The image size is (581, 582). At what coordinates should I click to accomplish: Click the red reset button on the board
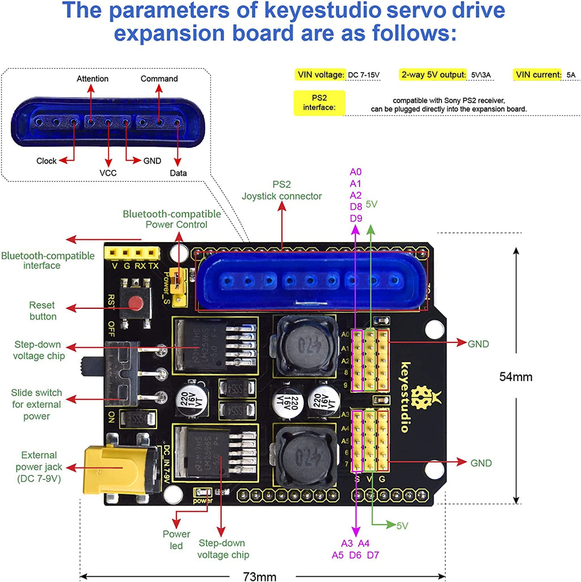136,304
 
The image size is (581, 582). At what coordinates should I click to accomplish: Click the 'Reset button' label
43,312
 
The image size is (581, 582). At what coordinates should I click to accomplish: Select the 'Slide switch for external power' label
36,405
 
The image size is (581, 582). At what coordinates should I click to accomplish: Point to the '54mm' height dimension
516,376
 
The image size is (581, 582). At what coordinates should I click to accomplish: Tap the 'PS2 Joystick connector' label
281,190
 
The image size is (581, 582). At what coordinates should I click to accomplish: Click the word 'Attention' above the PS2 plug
92,79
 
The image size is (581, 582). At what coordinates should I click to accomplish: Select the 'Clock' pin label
47,161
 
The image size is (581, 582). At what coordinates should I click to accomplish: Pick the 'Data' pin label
178,173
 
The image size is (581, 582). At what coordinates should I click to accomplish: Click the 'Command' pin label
159,79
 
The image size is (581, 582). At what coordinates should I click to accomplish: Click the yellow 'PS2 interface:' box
319,103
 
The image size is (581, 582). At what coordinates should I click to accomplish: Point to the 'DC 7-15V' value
363,75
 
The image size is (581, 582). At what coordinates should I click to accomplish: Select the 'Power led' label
176,539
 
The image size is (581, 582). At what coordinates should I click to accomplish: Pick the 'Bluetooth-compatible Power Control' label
172,219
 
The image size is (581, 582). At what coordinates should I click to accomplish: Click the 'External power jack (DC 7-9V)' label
39,468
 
